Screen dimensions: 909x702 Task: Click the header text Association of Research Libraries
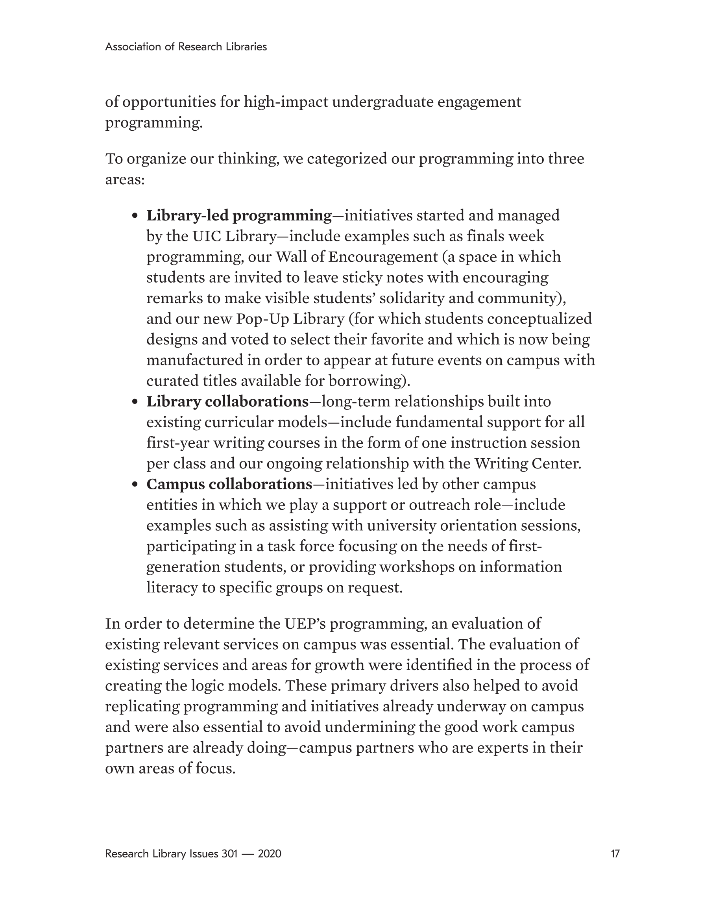click(x=186, y=46)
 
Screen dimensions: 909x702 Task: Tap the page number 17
click(x=615, y=853)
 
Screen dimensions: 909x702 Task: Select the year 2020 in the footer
click(x=269, y=853)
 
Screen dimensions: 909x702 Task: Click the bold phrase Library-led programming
click(x=239, y=216)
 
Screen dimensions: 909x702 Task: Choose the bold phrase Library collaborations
click(x=227, y=402)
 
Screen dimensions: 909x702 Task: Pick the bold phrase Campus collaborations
click(x=229, y=485)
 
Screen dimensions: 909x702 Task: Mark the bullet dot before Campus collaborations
click(x=135, y=485)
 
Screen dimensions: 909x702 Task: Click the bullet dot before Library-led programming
click(x=135, y=217)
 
